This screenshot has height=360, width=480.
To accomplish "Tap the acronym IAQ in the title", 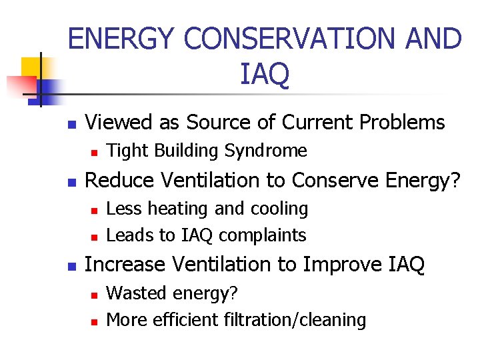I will pos(265,75).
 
